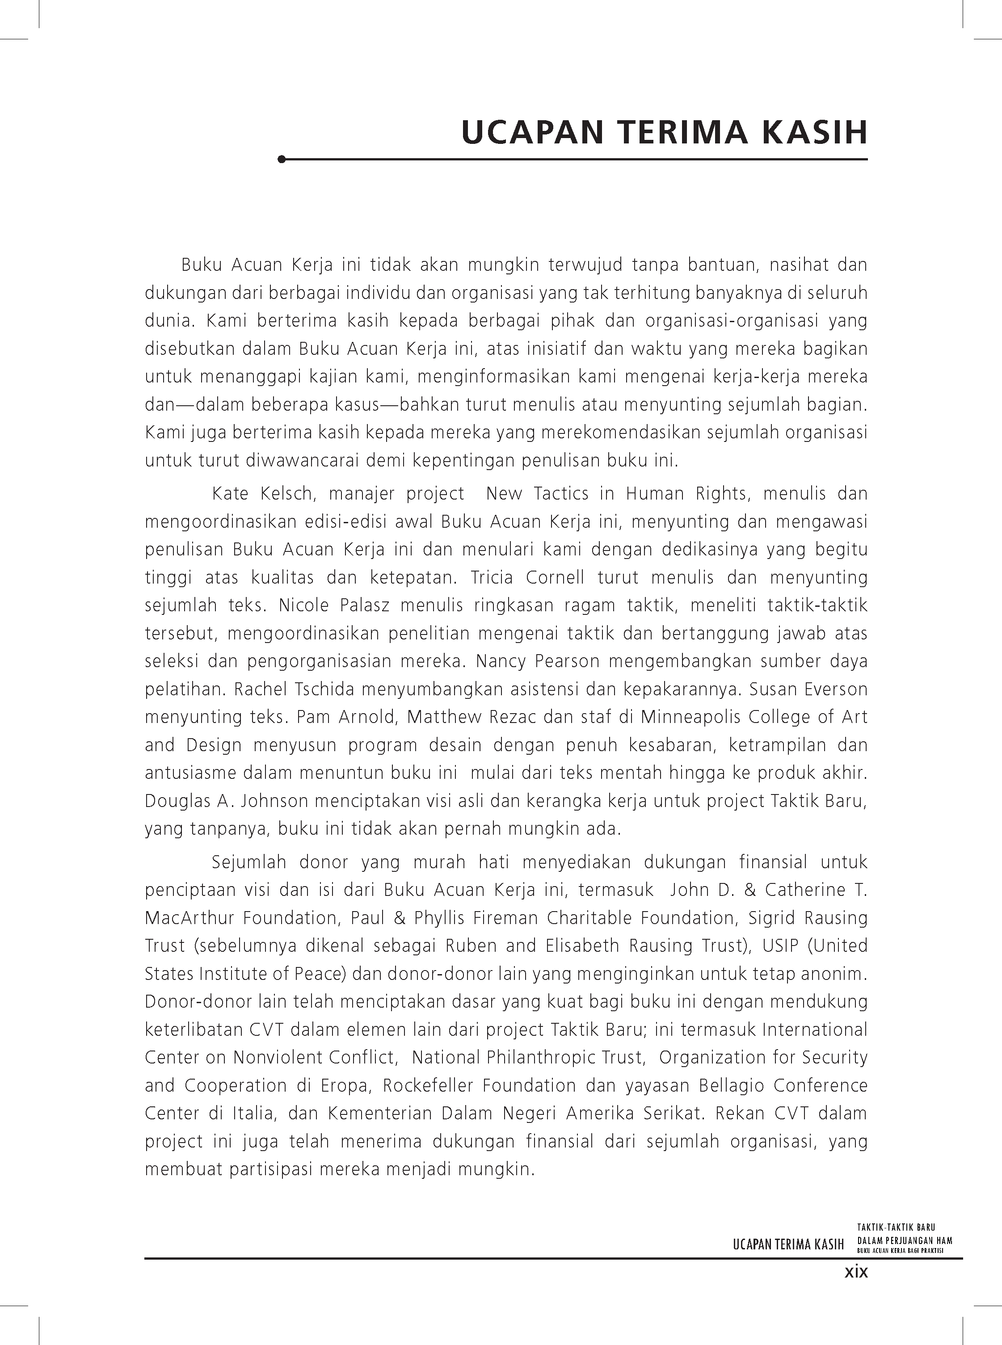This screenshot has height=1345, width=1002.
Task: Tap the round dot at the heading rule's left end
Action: tap(281, 160)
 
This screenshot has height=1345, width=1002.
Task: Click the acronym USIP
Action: tap(782, 946)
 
